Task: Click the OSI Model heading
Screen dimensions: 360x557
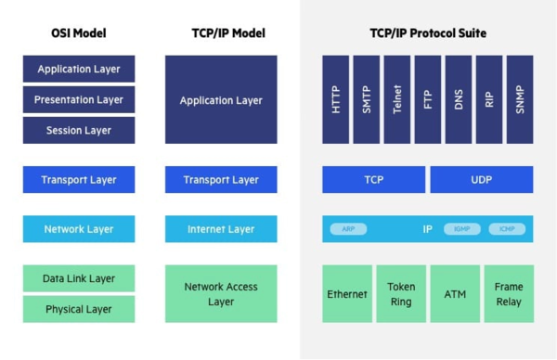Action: [78, 33]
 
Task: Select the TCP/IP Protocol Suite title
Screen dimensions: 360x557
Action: [428, 33]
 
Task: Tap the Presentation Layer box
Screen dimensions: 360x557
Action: [78, 99]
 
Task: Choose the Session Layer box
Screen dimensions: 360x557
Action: [78, 130]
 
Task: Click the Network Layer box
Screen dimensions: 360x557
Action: [78, 228]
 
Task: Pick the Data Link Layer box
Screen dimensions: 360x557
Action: [78, 278]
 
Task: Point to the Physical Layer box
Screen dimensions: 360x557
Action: [78, 309]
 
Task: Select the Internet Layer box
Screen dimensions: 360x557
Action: [221, 228]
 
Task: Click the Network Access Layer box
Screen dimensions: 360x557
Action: [221, 294]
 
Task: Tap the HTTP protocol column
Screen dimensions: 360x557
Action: [335, 99]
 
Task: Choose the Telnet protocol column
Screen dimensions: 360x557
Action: [396, 99]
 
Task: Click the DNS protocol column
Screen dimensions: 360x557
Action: [459, 99]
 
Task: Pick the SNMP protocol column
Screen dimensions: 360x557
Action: [520, 99]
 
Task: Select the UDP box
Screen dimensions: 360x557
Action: [481, 179]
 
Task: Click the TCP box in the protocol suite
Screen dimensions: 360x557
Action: [373, 179]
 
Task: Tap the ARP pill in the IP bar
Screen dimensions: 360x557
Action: [348, 229]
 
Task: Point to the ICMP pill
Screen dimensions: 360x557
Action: [507, 229]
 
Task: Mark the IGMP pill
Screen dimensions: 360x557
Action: [461, 229]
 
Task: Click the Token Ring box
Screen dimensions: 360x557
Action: [401, 294]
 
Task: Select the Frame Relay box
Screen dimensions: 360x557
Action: [509, 294]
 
